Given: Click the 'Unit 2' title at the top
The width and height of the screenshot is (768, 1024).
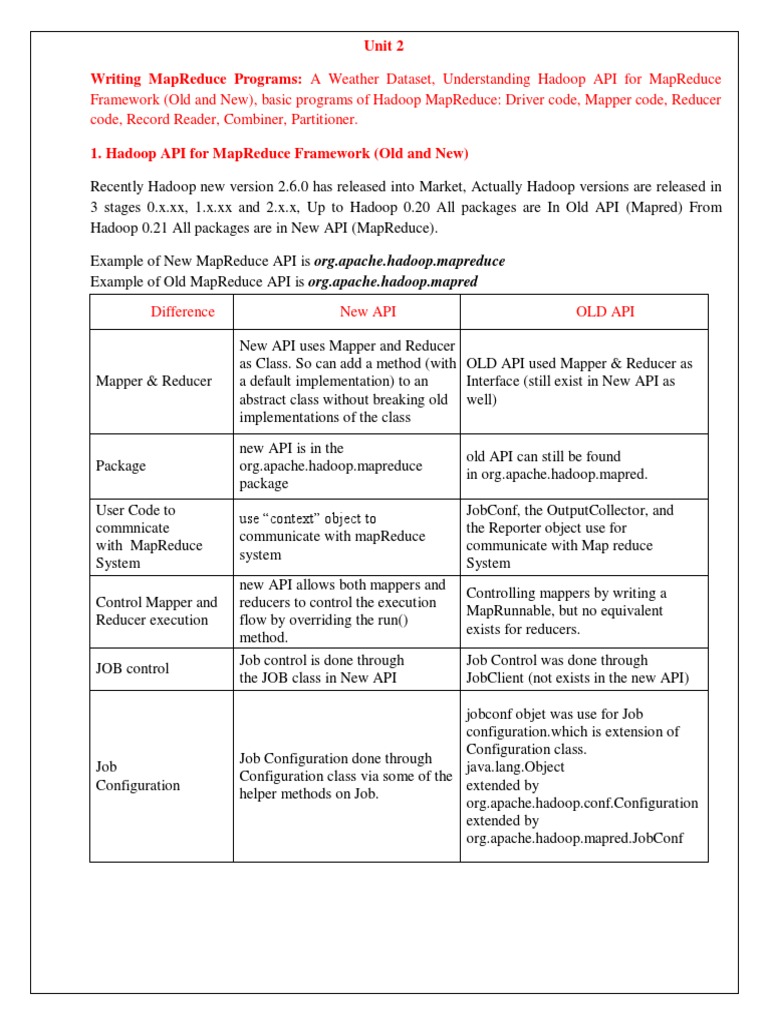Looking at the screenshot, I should [383, 46].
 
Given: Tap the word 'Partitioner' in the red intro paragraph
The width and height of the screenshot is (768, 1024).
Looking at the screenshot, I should [323, 119].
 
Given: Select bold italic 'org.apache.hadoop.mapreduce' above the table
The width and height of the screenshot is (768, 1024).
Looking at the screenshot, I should [410, 261].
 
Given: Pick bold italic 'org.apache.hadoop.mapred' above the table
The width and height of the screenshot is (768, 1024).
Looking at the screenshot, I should [393, 282].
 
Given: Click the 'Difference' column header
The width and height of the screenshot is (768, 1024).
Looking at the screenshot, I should [182, 312].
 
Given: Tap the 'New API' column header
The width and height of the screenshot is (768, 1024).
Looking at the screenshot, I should [367, 312].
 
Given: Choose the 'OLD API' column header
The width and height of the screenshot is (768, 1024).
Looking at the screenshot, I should [605, 312].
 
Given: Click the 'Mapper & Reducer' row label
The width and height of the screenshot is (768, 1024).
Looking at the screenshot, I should [153, 381].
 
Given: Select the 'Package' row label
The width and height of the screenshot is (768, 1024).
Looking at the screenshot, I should [120, 466].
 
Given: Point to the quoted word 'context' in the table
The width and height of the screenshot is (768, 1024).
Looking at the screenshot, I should [311, 519].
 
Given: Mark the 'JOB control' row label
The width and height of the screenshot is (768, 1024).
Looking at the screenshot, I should [132, 669].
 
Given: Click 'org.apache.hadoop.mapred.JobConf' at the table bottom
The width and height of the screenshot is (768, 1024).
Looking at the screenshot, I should [574, 838].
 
